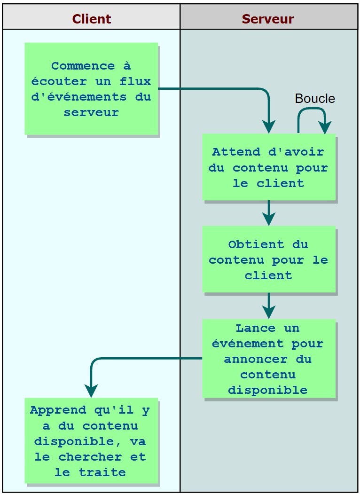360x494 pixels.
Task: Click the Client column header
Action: click(x=91, y=19)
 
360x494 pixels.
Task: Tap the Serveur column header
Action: click(x=268, y=19)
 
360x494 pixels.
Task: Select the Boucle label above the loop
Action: click(x=314, y=99)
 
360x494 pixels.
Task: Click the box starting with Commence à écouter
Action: click(x=91, y=89)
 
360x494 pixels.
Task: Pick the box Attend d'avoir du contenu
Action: click(x=269, y=167)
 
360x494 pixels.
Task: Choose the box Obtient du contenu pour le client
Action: click(x=269, y=259)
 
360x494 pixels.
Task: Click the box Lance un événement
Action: click(x=269, y=359)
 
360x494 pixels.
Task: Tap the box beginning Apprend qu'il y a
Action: click(x=91, y=441)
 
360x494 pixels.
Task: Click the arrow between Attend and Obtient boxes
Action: click(x=269, y=212)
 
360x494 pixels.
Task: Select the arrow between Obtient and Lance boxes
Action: click(x=269, y=306)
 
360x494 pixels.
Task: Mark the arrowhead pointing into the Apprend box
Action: click(x=91, y=391)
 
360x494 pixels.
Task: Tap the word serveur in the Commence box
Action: click(x=91, y=112)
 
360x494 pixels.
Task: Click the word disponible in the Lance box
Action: click(x=268, y=390)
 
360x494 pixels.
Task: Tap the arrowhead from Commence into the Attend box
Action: click(x=269, y=127)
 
